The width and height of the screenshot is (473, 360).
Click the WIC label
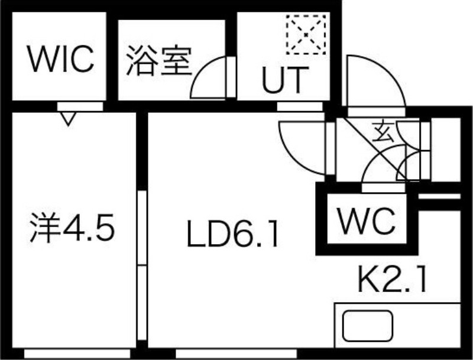coord(60,59)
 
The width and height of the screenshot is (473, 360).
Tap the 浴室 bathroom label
coord(159,61)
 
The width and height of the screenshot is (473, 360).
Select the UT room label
coord(286,79)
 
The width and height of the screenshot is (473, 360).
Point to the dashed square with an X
coord(306,35)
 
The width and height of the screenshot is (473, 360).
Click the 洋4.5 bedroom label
coord(72,228)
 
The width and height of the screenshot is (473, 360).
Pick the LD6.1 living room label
coord(232,233)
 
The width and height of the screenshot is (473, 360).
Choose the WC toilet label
coord(366,220)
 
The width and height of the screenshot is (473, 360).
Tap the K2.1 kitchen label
coord(392,278)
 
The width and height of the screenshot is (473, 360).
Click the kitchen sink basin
coord(368,326)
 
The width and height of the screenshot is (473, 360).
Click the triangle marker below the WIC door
coord(68,118)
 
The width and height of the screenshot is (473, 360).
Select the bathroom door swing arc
coord(208,77)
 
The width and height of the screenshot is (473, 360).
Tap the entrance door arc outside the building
coord(376,81)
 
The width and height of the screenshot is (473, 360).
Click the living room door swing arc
coord(302,148)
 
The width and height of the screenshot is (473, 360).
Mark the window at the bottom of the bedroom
coord(77,353)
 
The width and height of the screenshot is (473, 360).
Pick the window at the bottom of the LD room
coord(236,353)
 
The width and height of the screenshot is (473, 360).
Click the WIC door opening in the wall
coord(80,106)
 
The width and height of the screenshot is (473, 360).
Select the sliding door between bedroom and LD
coord(142,265)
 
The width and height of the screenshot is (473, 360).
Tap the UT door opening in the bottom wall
coord(300,106)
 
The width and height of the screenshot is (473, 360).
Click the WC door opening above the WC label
coord(383,188)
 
